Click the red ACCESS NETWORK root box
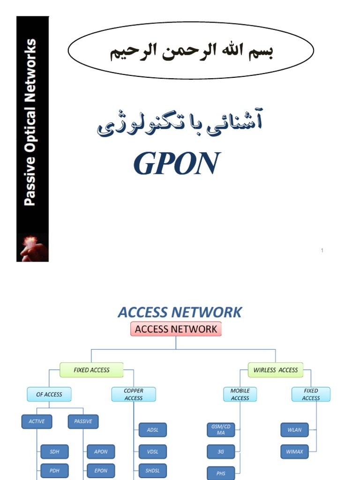(176, 329)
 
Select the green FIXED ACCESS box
(91, 370)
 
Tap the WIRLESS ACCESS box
(276, 370)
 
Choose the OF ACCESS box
(49, 394)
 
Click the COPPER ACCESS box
(134, 394)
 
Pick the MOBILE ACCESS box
(240, 394)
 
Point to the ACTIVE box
(37, 421)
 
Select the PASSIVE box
(83, 421)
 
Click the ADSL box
(153, 430)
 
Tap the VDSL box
(153, 452)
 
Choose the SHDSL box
(153, 471)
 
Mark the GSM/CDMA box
(221, 429)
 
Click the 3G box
(221, 452)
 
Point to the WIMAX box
(295, 452)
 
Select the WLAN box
(295, 429)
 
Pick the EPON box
(101, 471)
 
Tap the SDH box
(54, 452)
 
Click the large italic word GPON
(176, 164)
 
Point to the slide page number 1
(322, 250)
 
